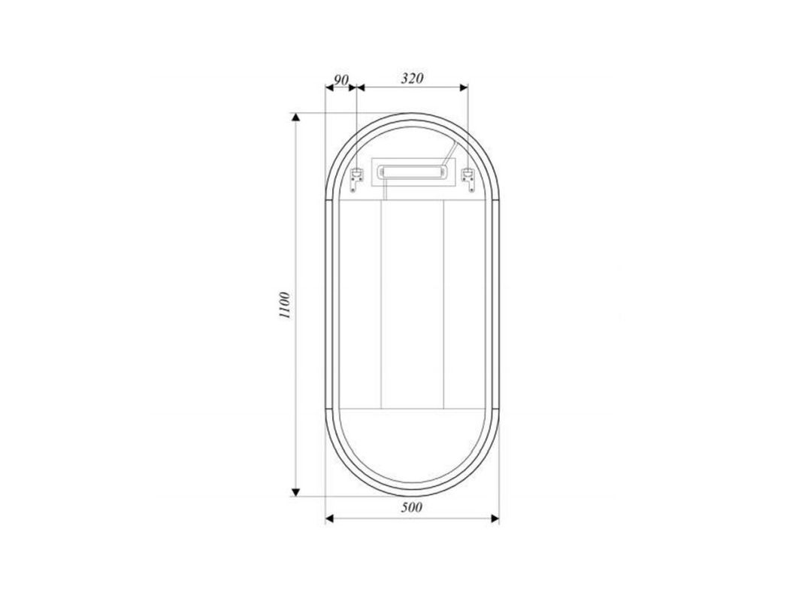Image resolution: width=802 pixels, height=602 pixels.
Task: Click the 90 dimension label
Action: click(x=341, y=80)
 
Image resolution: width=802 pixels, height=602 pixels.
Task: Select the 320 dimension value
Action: click(x=412, y=78)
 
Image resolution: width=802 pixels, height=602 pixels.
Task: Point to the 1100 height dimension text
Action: click(x=284, y=305)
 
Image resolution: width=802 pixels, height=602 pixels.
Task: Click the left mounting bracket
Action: click(x=356, y=180)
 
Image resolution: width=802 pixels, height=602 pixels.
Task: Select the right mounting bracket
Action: click(x=468, y=180)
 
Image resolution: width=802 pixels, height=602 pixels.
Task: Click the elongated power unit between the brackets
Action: click(x=412, y=172)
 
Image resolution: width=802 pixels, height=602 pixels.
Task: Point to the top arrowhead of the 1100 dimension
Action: click(x=295, y=118)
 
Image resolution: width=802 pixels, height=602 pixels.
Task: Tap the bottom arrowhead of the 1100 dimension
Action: click(x=295, y=492)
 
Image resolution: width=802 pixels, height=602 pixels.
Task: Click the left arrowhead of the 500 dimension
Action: click(x=330, y=518)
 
